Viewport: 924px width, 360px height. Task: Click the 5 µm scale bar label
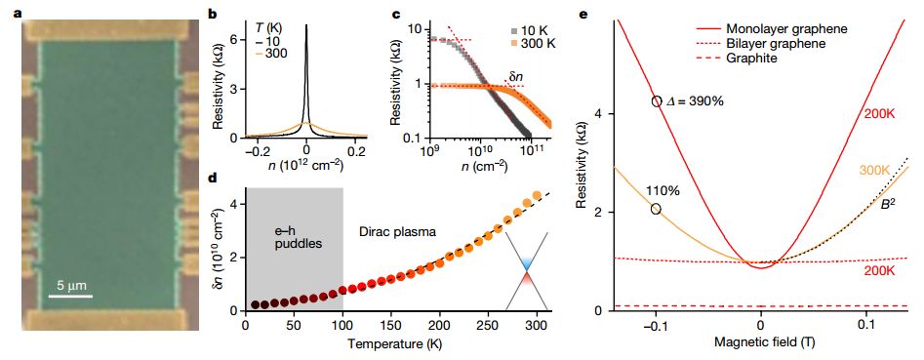pyautogui.click(x=71, y=286)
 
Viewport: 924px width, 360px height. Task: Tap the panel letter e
pyautogui.click(x=583, y=11)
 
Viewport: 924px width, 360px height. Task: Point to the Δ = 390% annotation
pyautogui.click(x=695, y=101)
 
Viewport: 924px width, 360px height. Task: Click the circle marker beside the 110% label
pyautogui.click(x=656, y=209)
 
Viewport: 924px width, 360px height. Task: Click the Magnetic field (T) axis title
pyautogui.click(x=761, y=341)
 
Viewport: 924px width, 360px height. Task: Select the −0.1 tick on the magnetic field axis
pyautogui.click(x=656, y=325)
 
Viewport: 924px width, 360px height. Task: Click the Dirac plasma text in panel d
pyautogui.click(x=397, y=232)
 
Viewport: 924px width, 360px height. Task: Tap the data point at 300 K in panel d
pyautogui.click(x=537, y=195)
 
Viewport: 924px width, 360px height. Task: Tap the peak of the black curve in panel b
pyautogui.click(x=306, y=25)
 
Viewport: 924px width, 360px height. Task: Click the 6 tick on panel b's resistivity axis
pyautogui.click(x=233, y=39)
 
